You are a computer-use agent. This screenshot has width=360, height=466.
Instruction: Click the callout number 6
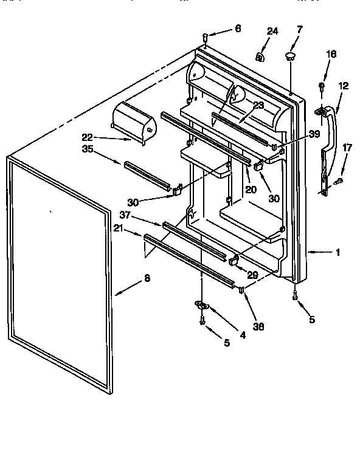click(x=238, y=28)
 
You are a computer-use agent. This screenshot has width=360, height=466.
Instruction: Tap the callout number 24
click(x=272, y=31)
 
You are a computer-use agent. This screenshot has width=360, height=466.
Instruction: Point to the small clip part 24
click(x=260, y=58)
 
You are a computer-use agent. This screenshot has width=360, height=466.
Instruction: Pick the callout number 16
click(x=330, y=54)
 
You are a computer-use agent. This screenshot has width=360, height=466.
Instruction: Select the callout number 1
click(x=338, y=252)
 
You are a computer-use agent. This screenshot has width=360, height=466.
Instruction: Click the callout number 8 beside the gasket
click(x=147, y=278)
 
